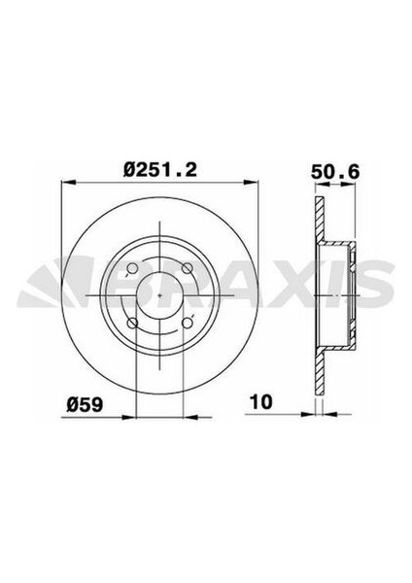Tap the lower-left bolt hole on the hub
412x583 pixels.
133,324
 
